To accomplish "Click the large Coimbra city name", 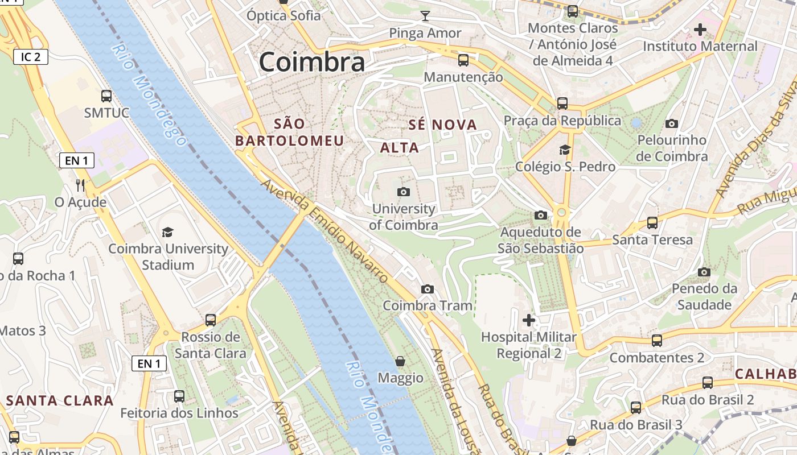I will pyautogui.click(x=311, y=62).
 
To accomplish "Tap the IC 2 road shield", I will pyautogui.click(x=31, y=57).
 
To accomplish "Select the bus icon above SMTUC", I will pyautogui.click(x=106, y=96).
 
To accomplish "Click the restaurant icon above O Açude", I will pyautogui.click(x=80, y=185).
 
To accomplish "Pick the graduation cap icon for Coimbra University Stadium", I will pyautogui.click(x=167, y=232).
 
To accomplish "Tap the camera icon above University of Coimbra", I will pyautogui.click(x=404, y=192).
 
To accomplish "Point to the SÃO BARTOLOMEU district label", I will pyautogui.click(x=290, y=132).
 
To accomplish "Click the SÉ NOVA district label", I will pyautogui.click(x=442, y=125).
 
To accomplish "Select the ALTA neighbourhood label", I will pyautogui.click(x=399, y=148).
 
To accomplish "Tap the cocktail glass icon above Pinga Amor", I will pyautogui.click(x=425, y=16).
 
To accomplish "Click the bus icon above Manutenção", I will pyautogui.click(x=463, y=60).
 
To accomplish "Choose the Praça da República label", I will pyautogui.click(x=562, y=121).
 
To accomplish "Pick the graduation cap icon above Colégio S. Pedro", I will pyautogui.click(x=565, y=150).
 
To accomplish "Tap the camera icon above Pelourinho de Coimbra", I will pyautogui.click(x=672, y=123).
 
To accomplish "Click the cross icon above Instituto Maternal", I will pyautogui.click(x=700, y=29).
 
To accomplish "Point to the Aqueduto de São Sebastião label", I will pyautogui.click(x=540, y=240).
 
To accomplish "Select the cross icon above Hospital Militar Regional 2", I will pyautogui.click(x=529, y=320).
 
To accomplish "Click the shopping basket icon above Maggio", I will pyautogui.click(x=401, y=361).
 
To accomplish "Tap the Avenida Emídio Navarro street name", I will pyautogui.click(x=324, y=231).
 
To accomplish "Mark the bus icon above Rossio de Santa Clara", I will pyautogui.click(x=211, y=320).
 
